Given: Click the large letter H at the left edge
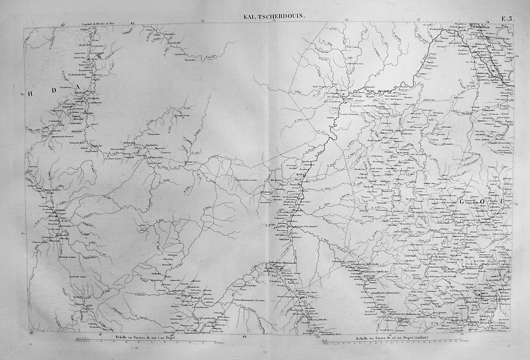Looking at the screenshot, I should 30,93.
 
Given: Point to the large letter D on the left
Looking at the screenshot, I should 53,89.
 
